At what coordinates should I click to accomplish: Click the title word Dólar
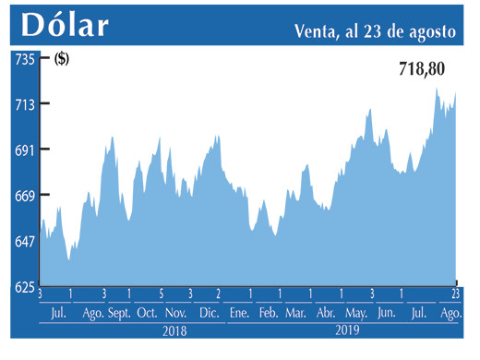[x=63, y=25]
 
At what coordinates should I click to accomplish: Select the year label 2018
[x=174, y=330]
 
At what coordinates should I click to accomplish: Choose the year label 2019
[x=346, y=330]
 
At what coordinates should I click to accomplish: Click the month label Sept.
[x=119, y=314]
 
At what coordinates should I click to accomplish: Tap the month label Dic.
[x=209, y=314]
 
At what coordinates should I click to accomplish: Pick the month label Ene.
[x=239, y=314]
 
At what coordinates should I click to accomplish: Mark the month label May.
[x=356, y=314]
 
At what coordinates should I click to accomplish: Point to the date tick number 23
[x=455, y=294]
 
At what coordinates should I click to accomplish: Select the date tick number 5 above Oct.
[x=161, y=294]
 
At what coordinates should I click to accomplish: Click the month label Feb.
[x=268, y=314]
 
